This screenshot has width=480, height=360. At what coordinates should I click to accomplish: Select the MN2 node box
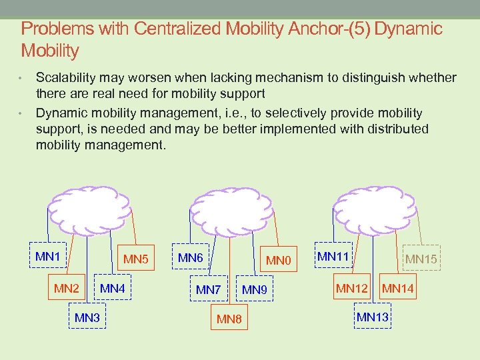[x=67, y=288]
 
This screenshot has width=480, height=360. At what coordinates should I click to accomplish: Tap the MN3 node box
[x=87, y=317]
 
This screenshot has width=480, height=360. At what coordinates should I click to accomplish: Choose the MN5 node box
[x=136, y=258]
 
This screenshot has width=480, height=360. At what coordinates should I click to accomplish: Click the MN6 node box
[x=191, y=258]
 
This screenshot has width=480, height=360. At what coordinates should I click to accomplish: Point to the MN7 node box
[x=208, y=289]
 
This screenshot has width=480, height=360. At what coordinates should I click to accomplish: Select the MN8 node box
[x=229, y=319]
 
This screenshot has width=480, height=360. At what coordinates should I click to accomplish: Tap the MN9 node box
[x=255, y=289]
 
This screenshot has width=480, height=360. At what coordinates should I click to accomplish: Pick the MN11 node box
[x=333, y=255]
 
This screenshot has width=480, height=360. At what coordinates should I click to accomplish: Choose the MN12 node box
[x=351, y=288]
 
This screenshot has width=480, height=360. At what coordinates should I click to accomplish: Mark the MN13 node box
[x=373, y=316]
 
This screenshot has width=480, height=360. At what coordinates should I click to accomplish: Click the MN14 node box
[x=398, y=288]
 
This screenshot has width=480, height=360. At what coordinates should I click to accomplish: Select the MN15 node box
[x=421, y=258]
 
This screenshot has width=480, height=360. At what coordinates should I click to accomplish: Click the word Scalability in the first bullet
[x=67, y=78]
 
